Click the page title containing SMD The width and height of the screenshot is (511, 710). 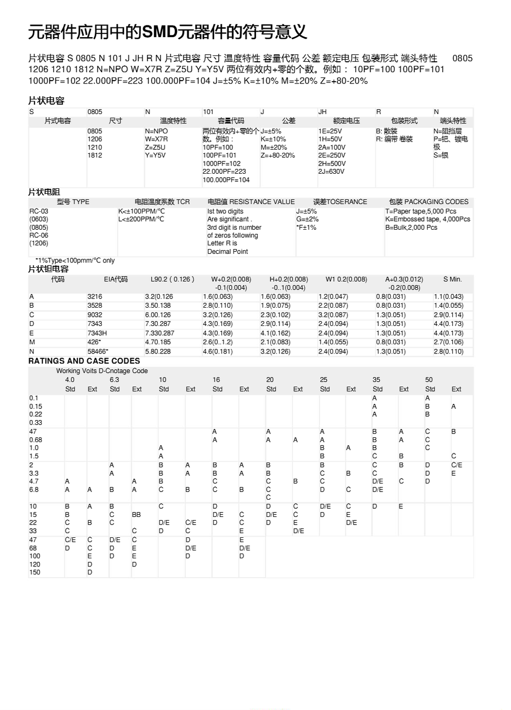(x=167, y=33)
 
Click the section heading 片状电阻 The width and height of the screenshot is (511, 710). (x=44, y=192)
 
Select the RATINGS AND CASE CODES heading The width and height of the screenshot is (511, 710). (x=84, y=361)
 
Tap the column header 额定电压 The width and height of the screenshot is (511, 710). (x=346, y=121)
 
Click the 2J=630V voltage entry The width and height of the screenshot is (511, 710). (x=331, y=172)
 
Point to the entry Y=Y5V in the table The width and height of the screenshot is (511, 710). (x=155, y=155)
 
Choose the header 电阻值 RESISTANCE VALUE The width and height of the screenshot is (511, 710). (x=251, y=202)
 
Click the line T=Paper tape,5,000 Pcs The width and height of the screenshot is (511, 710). (x=420, y=211)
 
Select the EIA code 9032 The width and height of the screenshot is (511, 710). (x=95, y=315)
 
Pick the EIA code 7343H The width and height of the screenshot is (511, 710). (x=97, y=333)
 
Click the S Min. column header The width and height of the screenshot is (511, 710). (x=452, y=279)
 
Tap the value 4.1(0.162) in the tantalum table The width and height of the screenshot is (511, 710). (x=275, y=333)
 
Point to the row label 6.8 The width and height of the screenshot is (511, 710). (x=34, y=489)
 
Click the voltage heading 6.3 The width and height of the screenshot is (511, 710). (x=114, y=380)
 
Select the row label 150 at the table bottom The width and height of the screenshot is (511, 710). (x=34, y=572)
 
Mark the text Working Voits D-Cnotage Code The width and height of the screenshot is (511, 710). (x=102, y=371)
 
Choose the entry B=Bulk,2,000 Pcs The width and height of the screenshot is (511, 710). (x=411, y=228)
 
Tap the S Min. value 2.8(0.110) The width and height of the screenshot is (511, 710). (x=448, y=351)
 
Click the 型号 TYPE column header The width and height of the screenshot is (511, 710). (x=73, y=202)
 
